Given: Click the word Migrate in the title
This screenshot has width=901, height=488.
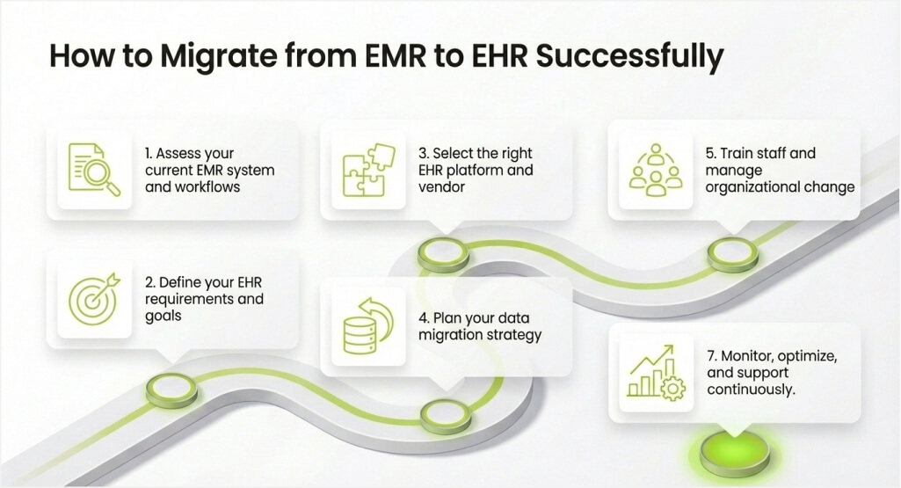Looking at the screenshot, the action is coord(216,57).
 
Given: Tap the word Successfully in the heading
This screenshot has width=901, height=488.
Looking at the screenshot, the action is coord(629,57).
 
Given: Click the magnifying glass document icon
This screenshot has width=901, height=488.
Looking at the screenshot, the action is coord(94,170).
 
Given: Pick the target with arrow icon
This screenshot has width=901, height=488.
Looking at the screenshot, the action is coord(94,298).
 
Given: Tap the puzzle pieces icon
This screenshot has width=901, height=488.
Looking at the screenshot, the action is coord(368,170).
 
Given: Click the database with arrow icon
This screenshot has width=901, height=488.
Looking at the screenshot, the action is coord(368,325).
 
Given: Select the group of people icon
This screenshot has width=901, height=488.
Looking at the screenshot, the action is coord(656,170).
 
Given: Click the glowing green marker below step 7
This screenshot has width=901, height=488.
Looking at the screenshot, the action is coord(735,454).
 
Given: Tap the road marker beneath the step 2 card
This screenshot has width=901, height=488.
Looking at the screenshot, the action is coord(171,390).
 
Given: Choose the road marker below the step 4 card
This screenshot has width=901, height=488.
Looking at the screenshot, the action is coord(446,416).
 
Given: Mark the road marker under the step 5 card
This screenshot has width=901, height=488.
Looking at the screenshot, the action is coord(732,253).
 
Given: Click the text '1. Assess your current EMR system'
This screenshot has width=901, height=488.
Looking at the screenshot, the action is coord(210,162).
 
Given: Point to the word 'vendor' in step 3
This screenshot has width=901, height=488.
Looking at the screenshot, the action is coord(441,186).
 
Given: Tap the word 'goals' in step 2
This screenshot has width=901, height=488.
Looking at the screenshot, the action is coord(163,317).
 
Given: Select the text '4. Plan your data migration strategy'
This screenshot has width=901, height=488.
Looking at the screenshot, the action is coord(480,326).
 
